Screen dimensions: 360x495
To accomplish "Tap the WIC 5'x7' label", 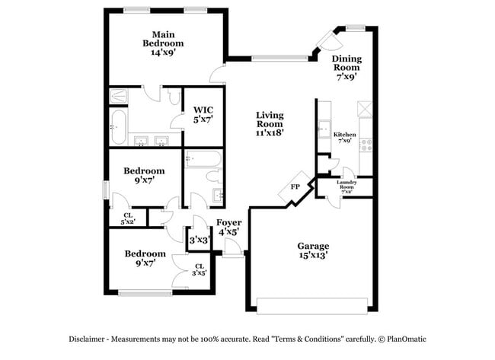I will (202, 114).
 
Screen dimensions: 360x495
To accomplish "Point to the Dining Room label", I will (346, 67).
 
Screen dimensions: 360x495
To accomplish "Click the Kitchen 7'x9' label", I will (344, 138).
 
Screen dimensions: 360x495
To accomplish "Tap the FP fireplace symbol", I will (295, 187).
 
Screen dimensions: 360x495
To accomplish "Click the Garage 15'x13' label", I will (312, 251).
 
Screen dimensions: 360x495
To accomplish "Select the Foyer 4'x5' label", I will (228, 228).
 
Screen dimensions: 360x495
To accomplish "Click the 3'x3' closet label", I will (198, 240).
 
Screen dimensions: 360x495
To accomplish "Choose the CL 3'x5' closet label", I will (199, 269).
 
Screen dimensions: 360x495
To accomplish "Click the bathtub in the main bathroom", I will (117, 126).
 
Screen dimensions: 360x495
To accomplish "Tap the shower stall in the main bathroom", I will (120, 97).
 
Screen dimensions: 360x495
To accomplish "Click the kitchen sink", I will (324, 129).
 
